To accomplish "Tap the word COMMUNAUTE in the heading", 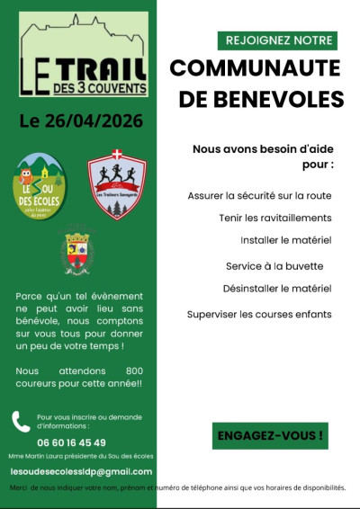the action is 255,69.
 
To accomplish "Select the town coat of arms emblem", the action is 76,249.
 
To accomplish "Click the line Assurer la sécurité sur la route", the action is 259,195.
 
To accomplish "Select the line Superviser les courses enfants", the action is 259,314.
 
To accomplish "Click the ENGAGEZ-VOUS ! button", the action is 269,435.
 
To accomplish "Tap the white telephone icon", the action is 21,421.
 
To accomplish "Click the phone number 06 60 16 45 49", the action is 71,442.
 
